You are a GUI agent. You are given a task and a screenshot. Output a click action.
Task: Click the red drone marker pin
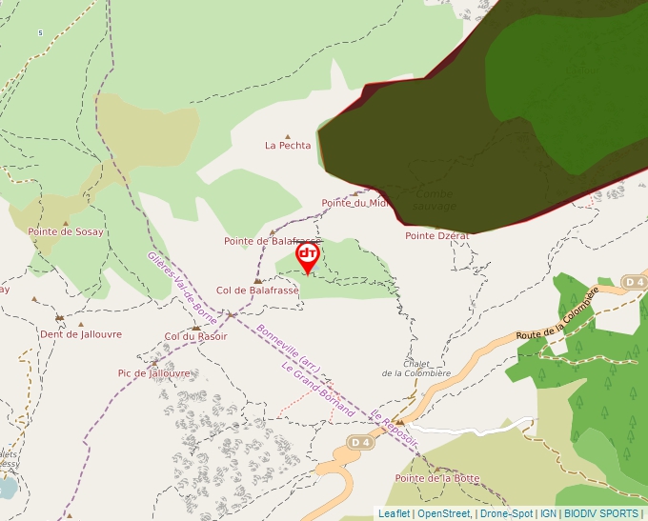coord(307,255)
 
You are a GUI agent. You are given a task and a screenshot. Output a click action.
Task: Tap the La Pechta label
coord(288,146)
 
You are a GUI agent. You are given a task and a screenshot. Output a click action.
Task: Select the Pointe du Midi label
coord(355,203)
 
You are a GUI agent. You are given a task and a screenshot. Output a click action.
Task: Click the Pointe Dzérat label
coord(437,235)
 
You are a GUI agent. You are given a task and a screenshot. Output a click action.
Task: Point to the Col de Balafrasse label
coord(257,291)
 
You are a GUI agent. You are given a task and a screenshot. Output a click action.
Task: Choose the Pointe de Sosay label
coord(66,231)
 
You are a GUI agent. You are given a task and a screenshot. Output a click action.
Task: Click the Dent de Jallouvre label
coord(81,334)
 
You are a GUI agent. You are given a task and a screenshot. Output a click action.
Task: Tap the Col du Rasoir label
coord(195,336)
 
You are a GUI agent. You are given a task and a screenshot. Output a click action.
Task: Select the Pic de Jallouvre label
coord(153,373)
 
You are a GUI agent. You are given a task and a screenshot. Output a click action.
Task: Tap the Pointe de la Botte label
coord(437,478)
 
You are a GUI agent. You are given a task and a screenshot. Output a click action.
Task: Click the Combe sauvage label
coord(435,200)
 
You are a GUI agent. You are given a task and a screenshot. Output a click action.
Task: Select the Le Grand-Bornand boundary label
coord(317,391)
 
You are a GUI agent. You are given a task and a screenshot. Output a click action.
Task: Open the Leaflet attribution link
coord(395,513)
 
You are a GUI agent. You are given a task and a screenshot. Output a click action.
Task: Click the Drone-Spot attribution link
coord(506,513)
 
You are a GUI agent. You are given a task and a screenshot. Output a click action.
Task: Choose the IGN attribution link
coord(548,513)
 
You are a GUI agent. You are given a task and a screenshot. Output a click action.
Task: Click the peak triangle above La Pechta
coord(288,136)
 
